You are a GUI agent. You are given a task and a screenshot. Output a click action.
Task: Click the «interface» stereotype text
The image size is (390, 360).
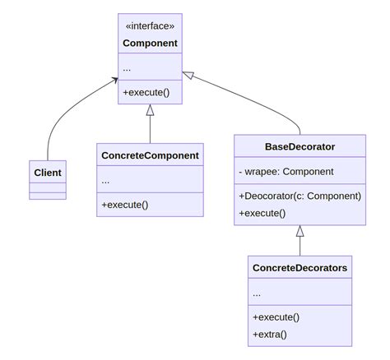click(x=150, y=25)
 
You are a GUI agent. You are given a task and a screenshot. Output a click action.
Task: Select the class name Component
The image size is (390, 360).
click(x=150, y=43)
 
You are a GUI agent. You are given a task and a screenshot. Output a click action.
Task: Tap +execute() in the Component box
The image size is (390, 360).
click(x=146, y=92)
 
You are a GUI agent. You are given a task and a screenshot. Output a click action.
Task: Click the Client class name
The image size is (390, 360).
click(x=48, y=173)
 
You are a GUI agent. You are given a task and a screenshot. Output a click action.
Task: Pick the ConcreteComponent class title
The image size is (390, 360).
click(x=150, y=155)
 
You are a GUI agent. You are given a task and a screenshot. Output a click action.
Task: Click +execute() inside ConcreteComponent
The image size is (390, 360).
click(x=124, y=204)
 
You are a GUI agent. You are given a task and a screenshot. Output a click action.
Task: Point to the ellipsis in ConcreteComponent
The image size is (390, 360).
click(x=105, y=180)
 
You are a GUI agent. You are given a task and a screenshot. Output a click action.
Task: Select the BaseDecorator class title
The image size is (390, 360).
click(x=299, y=147)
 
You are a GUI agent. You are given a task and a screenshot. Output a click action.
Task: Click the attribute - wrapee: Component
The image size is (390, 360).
click(x=286, y=172)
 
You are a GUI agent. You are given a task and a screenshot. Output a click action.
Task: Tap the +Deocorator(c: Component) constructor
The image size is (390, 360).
click(x=299, y=196)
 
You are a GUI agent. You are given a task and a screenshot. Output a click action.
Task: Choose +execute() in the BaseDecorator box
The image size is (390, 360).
click(x=262, y=213)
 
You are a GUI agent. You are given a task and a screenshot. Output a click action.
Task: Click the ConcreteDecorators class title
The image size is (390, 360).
click(x=299, y=268)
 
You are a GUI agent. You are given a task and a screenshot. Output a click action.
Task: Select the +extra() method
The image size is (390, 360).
click(x=271, y=334)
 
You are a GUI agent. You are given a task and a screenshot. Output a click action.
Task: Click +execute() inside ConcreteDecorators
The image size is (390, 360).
click(x=276, y=316)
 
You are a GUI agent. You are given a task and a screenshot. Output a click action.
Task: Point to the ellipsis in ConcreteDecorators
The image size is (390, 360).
click(x=257, y=293)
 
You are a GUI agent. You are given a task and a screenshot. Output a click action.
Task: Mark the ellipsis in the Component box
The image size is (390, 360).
click(x=127, y=67)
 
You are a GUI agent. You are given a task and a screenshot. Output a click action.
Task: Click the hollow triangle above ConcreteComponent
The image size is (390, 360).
click(x=150, y=110)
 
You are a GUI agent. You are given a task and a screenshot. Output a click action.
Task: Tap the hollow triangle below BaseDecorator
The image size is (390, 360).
click(x=299, y=231)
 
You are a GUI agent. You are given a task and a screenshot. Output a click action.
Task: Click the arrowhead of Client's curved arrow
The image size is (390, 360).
click(x=114, y=81)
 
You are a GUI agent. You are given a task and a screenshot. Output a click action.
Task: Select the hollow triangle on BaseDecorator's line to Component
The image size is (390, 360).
click(x=188, y=76)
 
